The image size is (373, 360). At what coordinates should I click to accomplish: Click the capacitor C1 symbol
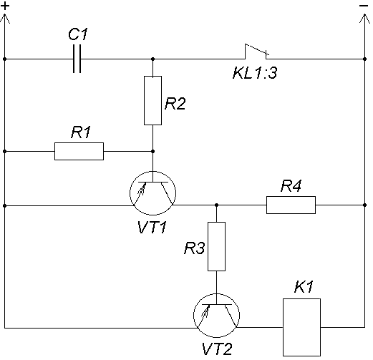point(77,59)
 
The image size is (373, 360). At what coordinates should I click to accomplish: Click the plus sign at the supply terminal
point(5,6)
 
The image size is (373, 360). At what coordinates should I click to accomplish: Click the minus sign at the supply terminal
point(364,6)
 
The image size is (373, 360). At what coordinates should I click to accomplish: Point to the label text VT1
point(152,227)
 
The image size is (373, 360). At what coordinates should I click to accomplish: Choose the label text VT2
point(217,349)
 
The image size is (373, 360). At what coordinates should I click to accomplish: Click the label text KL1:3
point(255,73)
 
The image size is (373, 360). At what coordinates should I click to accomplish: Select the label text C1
point(78,34)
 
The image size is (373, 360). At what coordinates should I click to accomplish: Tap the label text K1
point(304,286)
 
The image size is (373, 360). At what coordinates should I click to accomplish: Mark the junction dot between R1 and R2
point(153,151)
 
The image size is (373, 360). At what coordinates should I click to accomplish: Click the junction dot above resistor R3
point(216,205)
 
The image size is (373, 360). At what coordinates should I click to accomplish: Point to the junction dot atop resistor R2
point(153,59)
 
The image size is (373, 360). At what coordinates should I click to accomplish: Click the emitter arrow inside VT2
point(205,311)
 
